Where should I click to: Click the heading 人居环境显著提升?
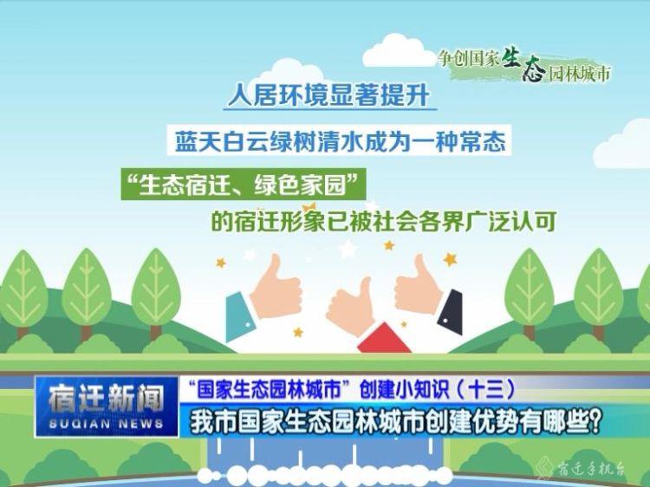[x=330, y=95]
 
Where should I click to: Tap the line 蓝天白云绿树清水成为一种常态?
[x=340, y=141]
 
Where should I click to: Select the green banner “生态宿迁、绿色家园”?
[x=244, y=185]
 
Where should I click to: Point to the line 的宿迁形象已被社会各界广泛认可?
[x=383, y=222]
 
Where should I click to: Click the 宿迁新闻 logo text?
[x=107, y=399]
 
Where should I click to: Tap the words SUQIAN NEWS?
[x=106, y=424]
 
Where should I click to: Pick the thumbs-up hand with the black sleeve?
[x=428, y=294]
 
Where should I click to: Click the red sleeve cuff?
[x=384, y=339]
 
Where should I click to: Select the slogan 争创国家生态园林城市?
[x=524, y=67]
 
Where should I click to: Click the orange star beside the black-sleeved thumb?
[x=450, y=259]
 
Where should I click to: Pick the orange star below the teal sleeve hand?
[x=297, y=332]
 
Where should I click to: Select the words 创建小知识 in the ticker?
[x=401, y=390]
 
